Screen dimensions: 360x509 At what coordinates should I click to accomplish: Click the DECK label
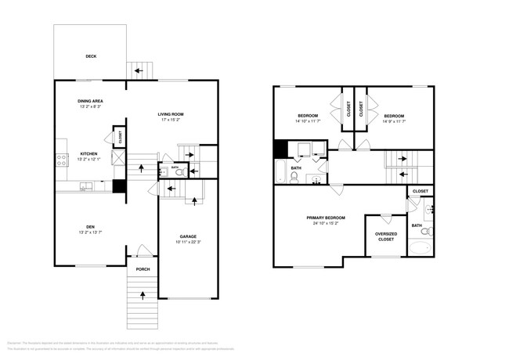[90, 56]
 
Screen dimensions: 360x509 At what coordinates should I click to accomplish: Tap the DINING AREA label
[92, 101]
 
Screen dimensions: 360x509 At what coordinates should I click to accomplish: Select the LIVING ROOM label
[170, 114]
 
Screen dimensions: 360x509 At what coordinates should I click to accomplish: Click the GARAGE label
[188, 236]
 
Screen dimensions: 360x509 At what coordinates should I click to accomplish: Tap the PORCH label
[143, 269]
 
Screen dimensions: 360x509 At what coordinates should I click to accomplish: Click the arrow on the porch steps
[143, 295]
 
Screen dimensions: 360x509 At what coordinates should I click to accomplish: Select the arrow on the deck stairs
[139, 71]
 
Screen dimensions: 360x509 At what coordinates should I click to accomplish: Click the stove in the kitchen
[61, 160]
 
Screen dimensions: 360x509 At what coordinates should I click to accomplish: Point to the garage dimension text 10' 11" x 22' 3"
[188, 242]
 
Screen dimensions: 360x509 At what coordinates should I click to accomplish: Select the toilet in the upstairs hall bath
[294, 177]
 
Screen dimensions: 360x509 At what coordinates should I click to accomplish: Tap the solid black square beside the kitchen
[119, 187]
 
